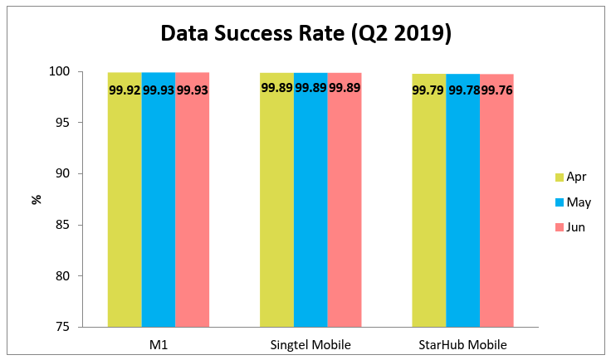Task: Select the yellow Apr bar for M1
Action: tap(125, 207)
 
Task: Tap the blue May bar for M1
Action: tap(158, 207)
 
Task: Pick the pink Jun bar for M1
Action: tap(192, 207)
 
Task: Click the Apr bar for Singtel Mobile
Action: tap(276, 207)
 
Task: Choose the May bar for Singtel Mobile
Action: tap(310, 207)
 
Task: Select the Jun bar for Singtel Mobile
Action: tap(345, 207)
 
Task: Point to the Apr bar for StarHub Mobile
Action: tap(429, 207)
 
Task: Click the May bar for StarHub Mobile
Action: tap(462, 207)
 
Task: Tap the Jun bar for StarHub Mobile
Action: tap(496, 207)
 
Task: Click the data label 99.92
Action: tap(125, 89)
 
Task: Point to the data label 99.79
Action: tap(428, 89)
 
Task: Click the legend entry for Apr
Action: tap(570, 177)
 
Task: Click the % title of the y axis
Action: tap(37, 199)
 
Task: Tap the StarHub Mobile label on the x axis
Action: tap(462, 344)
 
